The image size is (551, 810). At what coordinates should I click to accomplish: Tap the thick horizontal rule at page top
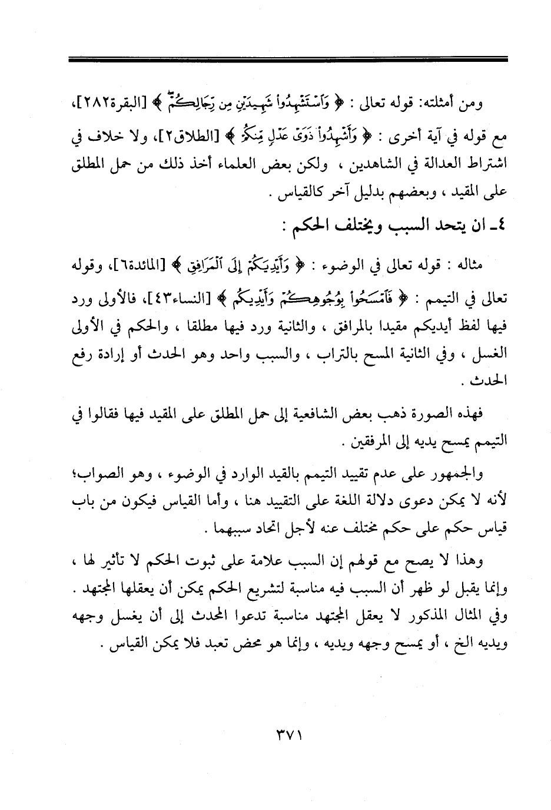[287, 59]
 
